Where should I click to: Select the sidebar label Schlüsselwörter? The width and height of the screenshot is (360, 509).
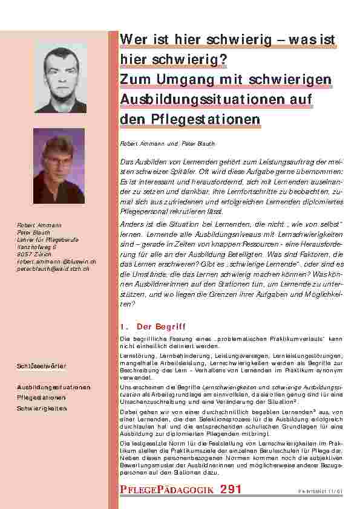[x=42, y=367]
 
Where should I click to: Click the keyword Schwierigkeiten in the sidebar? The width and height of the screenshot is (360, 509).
[x=42, y=408]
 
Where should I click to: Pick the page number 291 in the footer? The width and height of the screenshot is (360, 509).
[x=231, y=489]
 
